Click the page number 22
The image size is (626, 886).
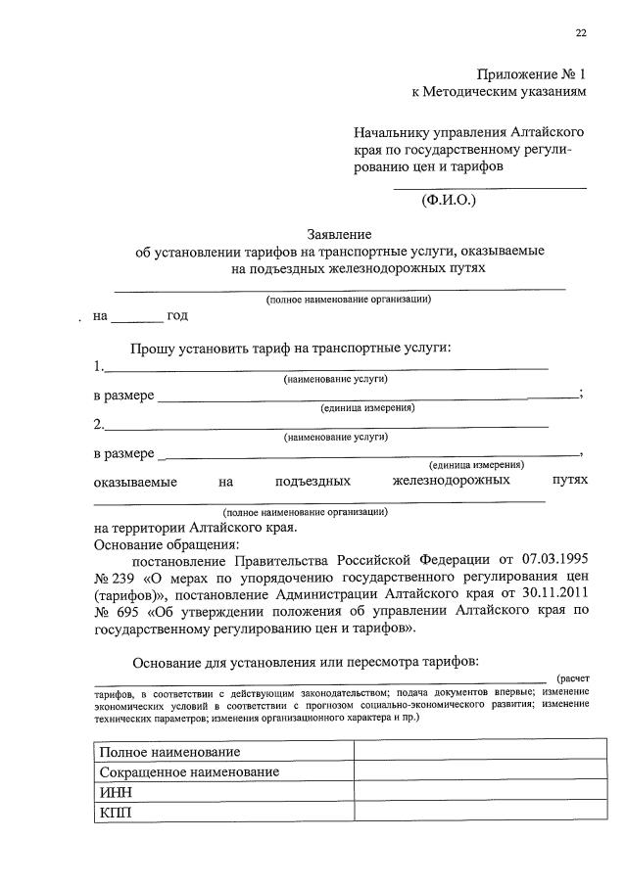(x=581, y=33)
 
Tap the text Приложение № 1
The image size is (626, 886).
(x=533, y=74)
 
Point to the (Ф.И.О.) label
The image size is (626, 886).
(x=447, y=201)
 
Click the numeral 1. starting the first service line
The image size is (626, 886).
(x=98, y=367)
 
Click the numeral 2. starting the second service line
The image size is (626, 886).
(x=98, y=425)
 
